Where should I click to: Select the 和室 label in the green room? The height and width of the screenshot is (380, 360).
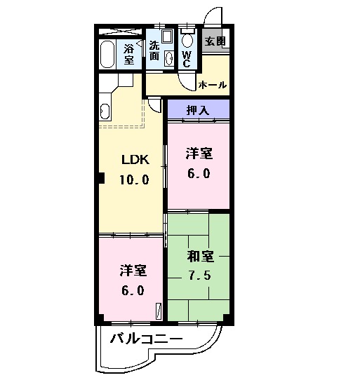[x=200, y=255]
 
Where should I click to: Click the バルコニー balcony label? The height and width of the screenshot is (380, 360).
[x=146, y=340]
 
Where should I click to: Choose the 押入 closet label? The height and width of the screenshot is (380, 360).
[x=198, y=109]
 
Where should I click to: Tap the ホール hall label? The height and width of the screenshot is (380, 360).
[x=213, y=85]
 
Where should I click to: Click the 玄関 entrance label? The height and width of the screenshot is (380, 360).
[x=215, y=41]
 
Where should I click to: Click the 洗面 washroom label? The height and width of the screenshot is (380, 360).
[x=154, y=50]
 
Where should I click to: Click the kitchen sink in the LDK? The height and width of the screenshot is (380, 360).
[x=105, y=111]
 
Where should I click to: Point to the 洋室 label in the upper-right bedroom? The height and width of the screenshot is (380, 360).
[x=199, y=154]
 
